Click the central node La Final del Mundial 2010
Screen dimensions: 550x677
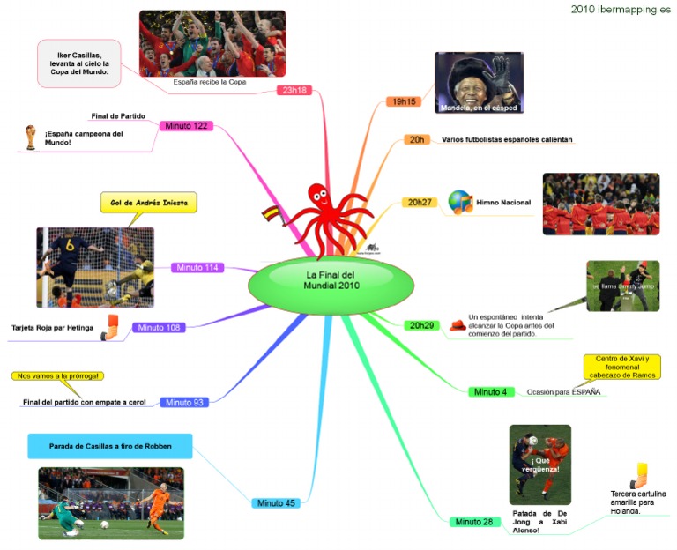point(331,280)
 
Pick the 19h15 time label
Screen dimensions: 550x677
point(405,102)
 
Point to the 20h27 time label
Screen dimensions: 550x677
point(418,203)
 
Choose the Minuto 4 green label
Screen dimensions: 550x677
point(489,391)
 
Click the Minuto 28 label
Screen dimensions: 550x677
point(474,522)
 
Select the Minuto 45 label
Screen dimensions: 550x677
point(276,503)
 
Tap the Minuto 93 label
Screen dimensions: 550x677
point(186,403)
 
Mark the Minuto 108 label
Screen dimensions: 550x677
point(160,328)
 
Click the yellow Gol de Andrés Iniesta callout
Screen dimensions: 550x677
point(148,203)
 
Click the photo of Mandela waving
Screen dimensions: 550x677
point(479,83)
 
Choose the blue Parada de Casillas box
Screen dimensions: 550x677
point(109,445)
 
